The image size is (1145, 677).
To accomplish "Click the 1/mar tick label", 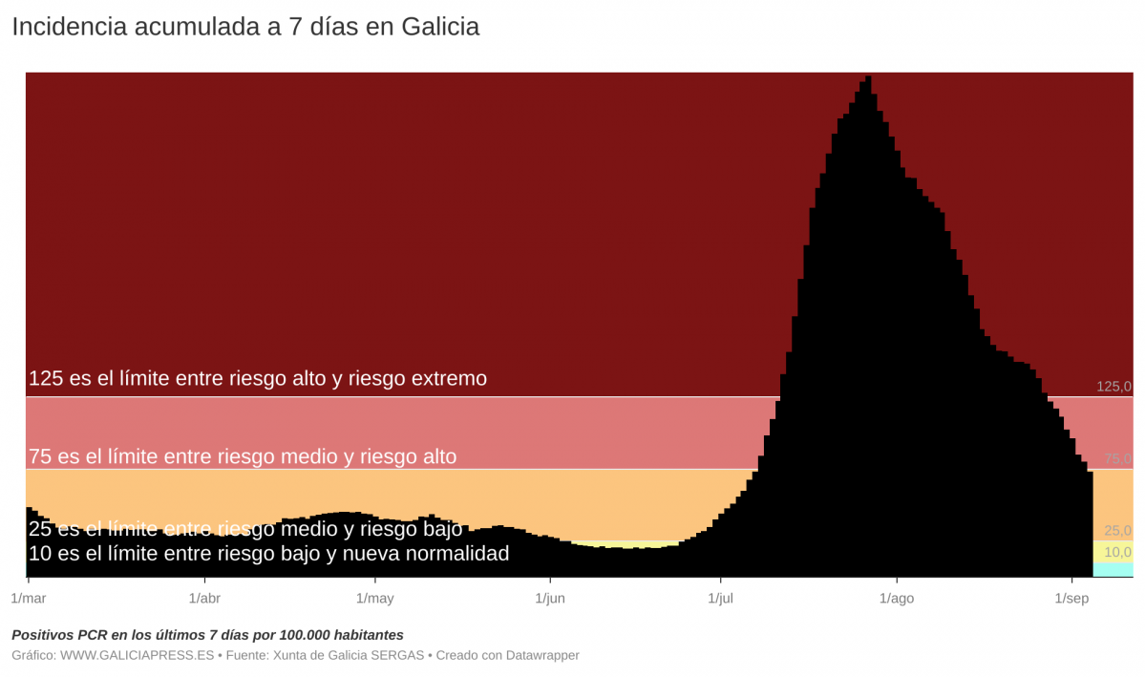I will (28, 599).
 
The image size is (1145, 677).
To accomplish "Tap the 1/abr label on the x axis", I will (204, 599).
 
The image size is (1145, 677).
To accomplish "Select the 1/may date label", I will (374, 599).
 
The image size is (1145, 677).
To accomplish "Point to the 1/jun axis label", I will (550, 599).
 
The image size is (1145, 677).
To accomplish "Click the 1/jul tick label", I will (721, 599).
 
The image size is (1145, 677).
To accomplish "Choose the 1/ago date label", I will (896, 599).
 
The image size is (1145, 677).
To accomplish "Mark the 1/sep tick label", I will (1071, 599).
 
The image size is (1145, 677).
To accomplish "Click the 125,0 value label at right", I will (1113, 387).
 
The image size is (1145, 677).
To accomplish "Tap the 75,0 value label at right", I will (1117, 459).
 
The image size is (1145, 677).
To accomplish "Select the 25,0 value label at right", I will (1117, 531).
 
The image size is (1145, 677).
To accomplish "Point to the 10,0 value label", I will (1117, 552).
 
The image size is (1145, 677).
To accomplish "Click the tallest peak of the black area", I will (868, 78).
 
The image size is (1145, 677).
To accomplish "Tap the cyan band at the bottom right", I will (1113, 570).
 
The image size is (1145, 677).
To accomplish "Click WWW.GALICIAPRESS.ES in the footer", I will (138, 655).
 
